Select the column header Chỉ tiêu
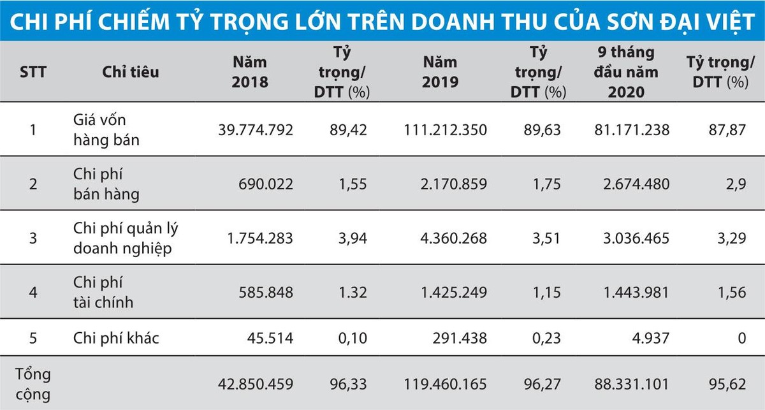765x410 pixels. [131, 72]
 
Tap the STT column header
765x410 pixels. [33, 72]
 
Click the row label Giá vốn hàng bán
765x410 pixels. [106, 130]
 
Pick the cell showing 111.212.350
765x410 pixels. [445, 130]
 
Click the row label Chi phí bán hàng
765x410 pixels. [106, 184]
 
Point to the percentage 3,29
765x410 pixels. [731, 238]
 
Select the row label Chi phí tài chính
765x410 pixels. [104, 293]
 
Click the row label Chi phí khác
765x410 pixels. [116, 338]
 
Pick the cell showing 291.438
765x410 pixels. [459, 338]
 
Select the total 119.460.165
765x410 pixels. [445, 384]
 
